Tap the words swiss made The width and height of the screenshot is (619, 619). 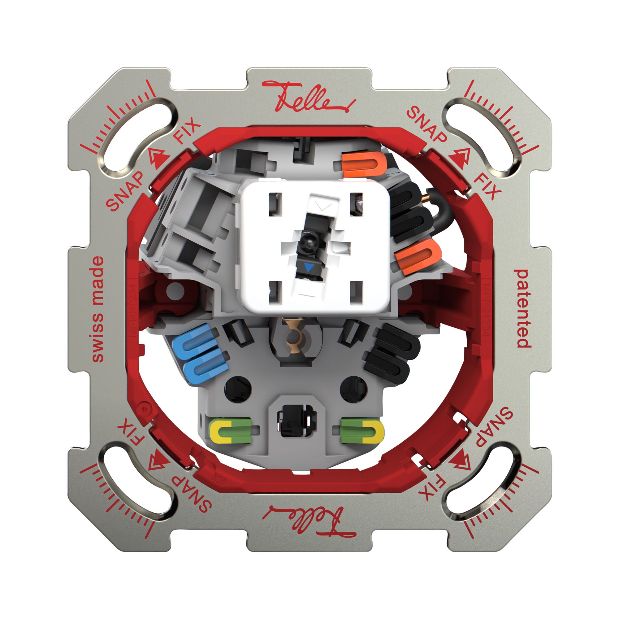pos(98,310)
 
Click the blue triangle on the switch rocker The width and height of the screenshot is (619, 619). pos(309,267)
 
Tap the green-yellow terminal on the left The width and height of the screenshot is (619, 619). pos(230,431)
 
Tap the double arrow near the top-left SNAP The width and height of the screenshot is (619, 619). pos(158,159)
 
